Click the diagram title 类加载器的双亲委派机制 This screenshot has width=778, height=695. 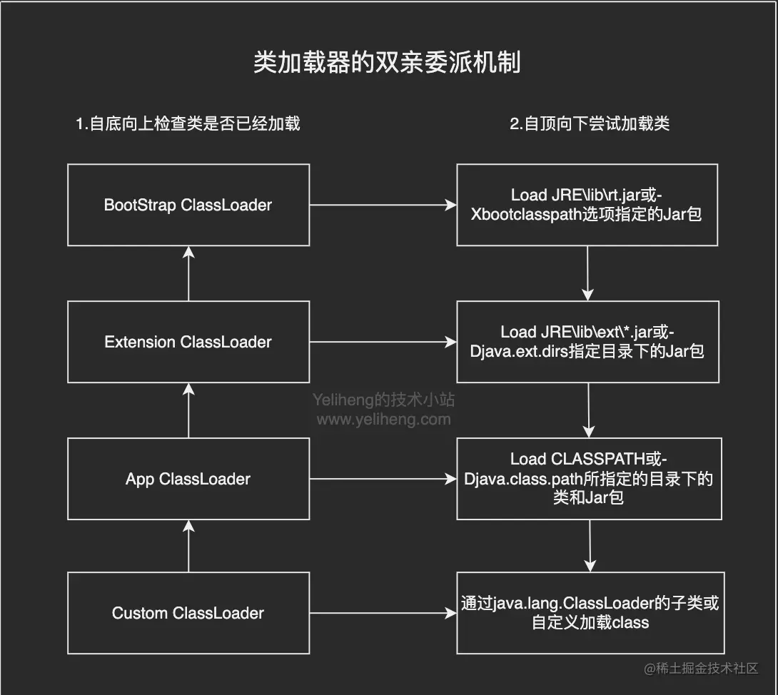[388, 63]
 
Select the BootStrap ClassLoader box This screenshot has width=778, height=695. [188, 205]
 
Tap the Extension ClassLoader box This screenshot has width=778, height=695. [188, 342]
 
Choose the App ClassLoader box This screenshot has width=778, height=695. [188, 479]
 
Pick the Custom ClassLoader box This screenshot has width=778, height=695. [188, 613]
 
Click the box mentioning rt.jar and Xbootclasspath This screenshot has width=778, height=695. [587, 205]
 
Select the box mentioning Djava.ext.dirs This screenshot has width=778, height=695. [587, 341]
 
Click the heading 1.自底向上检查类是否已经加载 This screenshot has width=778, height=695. [188, 123]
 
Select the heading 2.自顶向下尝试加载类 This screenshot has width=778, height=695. [590, 123]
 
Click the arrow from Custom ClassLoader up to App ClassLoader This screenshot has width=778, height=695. [188, 546]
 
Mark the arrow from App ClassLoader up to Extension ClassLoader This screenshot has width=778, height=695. [188, 410]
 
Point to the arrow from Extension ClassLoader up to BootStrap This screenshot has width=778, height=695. [188, 273]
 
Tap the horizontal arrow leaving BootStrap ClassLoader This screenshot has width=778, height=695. [383, 205]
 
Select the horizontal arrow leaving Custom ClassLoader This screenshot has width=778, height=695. [383, 613]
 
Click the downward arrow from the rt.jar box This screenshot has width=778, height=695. [587, 273]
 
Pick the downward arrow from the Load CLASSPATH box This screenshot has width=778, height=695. [590, 546]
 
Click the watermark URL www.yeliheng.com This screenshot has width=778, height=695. [383, 420]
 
